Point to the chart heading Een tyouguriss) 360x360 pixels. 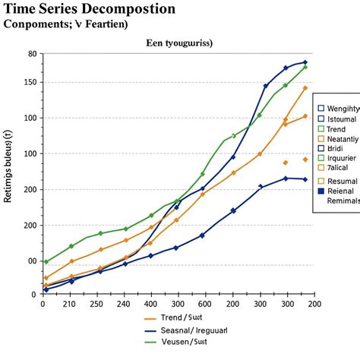[x=179, y=43]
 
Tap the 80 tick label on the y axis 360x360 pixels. [x=31, y=54]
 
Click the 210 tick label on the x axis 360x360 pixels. [x=69, y=305]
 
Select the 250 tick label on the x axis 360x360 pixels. [x=97, y=305]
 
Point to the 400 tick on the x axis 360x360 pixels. [x=150, y=305]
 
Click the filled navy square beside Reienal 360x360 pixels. [x=321, y=191]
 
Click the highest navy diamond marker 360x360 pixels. [x=305, y=62]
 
